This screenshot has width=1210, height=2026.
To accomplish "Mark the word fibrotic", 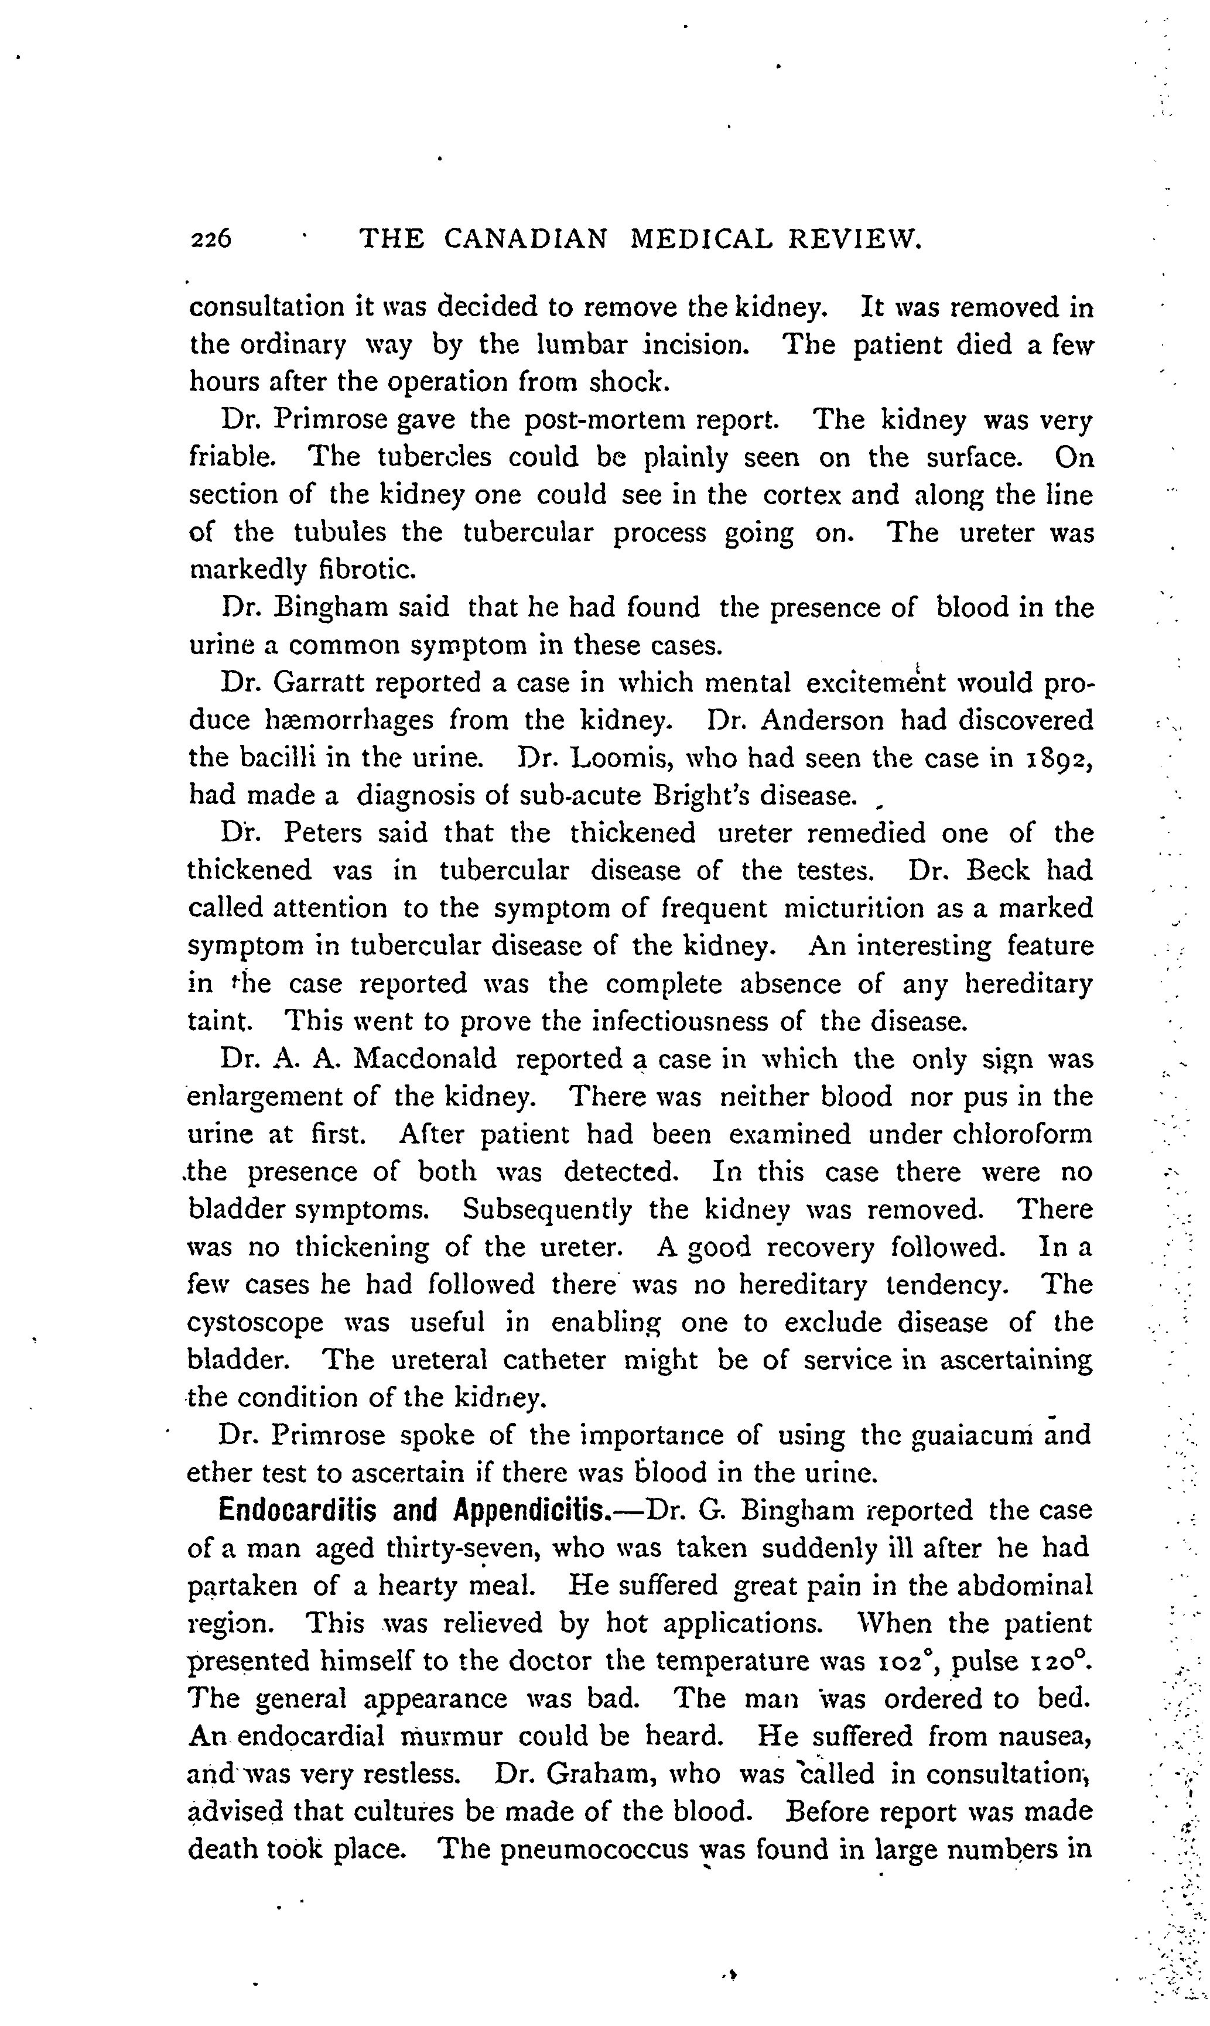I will coord(367,569).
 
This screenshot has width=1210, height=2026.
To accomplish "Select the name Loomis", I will coord(619,758).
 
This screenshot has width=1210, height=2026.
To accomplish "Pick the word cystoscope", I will coord(255,1322).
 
